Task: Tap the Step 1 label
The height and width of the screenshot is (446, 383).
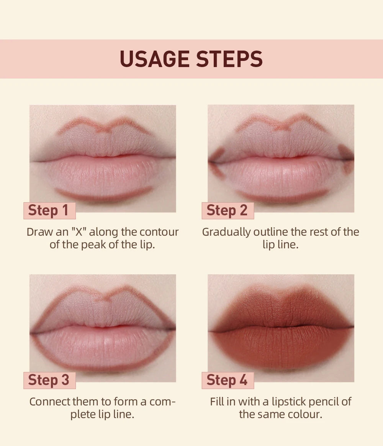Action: coord(49,210)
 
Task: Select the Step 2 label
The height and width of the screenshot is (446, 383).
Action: coord(227,210)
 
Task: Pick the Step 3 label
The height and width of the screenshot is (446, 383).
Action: coord(49,380)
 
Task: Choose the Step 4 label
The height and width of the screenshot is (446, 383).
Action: coord(227,380)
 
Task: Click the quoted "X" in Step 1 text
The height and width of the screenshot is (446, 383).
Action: coord(78,232)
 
